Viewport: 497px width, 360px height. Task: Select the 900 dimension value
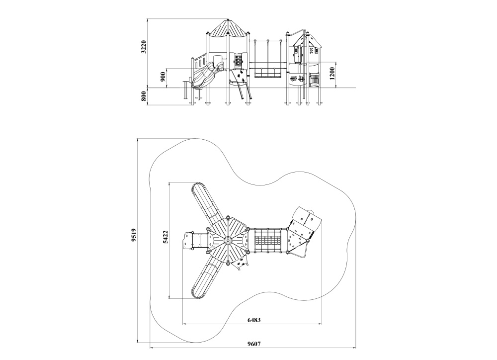[163, 77]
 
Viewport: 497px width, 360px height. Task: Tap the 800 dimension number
[143, 96]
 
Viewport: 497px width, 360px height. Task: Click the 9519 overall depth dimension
[134, 236]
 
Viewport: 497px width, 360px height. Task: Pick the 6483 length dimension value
[254, 320]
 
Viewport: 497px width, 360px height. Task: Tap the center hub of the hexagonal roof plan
[228, 241]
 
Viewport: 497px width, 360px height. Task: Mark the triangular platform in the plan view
[298, 241]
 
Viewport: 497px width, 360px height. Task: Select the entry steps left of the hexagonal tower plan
[195, 241]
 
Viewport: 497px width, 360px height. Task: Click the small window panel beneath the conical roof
[238, 61]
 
